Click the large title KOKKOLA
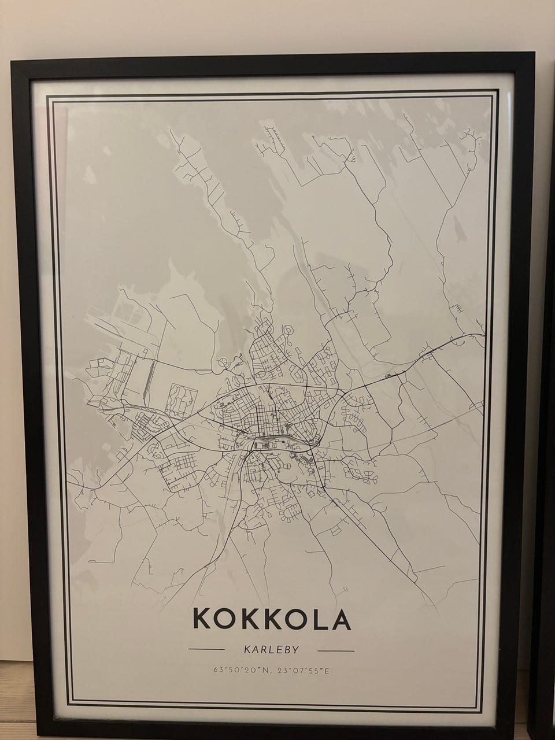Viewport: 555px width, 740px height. tap(272, 618)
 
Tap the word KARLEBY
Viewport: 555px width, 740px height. tap(272, 649)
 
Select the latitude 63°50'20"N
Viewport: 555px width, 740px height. tap(240, 671)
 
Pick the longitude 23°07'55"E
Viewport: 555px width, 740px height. tap(302, 671)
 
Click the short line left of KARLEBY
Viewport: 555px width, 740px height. tap(206, 649)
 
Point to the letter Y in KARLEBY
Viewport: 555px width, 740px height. tap(295, 649)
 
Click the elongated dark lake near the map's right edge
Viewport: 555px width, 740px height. tap(457, 232)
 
